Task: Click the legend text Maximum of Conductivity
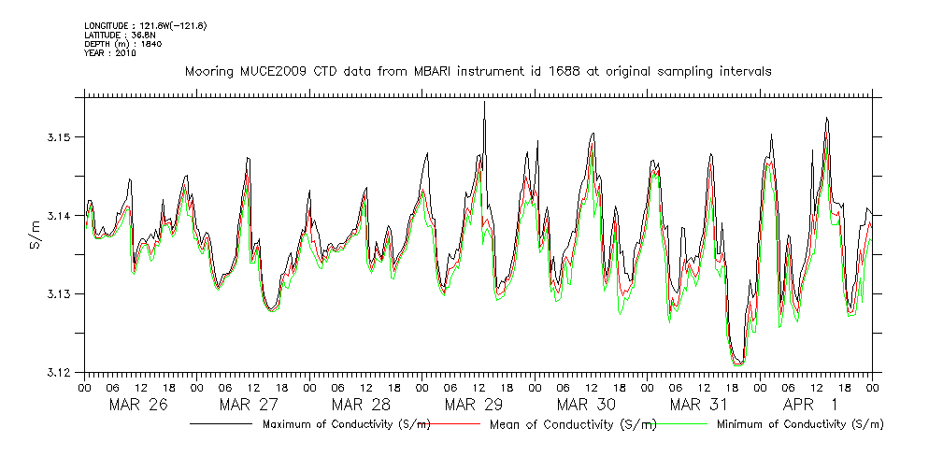pyautogui.click(x=346, y=424)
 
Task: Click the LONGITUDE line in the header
pyautogui.click(x=145, y=24)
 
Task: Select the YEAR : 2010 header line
pyautogui.click(x=110, y=53)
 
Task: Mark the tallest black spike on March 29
pyautogui.click(x=484, y=103)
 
